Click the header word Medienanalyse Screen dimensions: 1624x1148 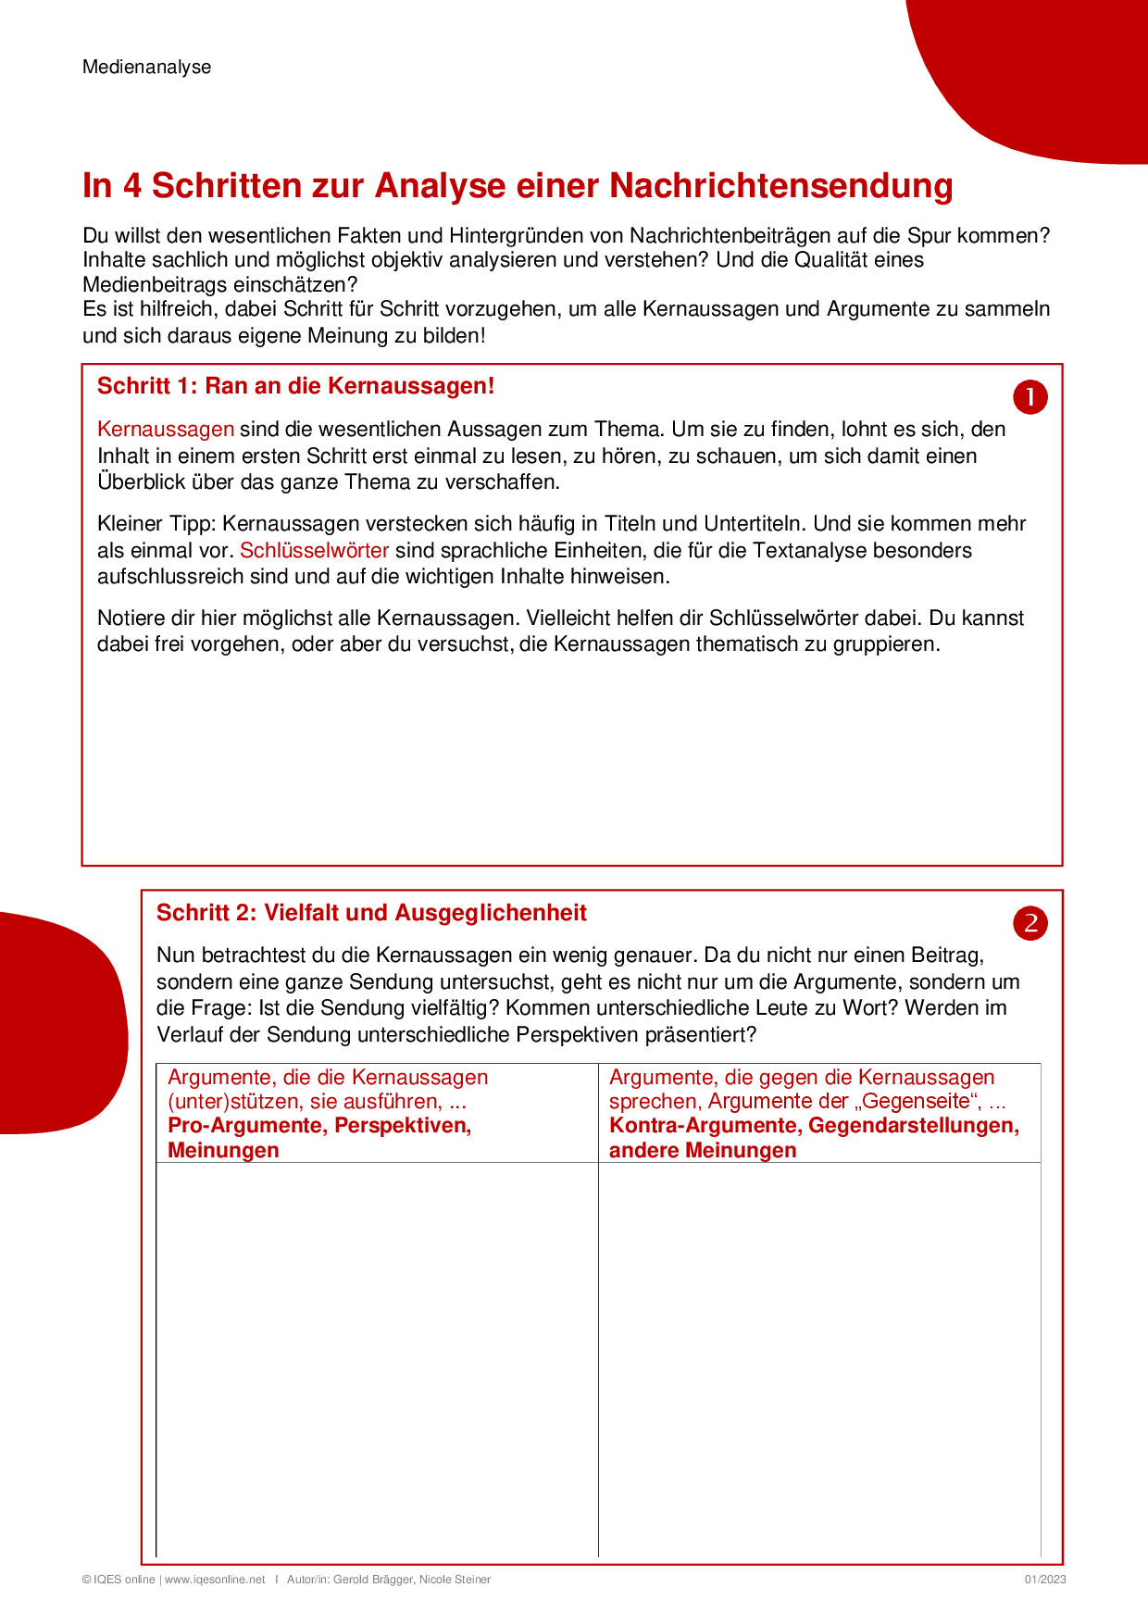[146, 67]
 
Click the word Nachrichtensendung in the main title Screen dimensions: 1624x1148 [781, 185]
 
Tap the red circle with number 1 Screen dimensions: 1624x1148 [1029, 397]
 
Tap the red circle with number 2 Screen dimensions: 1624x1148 [1029, 923]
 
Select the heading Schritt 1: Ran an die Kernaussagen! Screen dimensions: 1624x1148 [295, 386]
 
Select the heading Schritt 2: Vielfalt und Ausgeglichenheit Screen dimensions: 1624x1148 [371, 913]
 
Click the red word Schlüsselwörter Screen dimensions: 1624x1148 [314, 550]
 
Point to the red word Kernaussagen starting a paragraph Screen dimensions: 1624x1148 [166, 429]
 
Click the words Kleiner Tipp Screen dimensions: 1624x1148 [156, 524]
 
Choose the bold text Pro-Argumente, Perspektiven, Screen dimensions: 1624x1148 [319, 1126]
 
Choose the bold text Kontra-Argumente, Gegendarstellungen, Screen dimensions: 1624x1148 [814, 1126]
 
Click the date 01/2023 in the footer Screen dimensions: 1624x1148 [1044, 1580]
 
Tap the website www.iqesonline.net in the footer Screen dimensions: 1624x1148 [215, 1580]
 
